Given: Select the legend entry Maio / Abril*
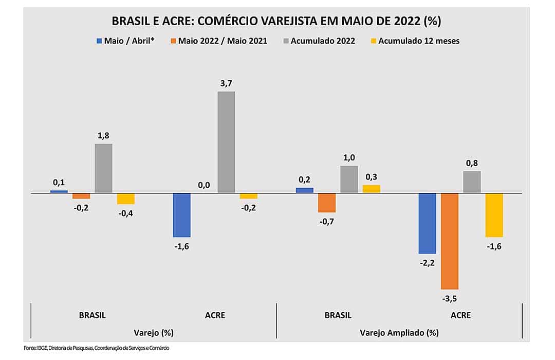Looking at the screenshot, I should pyautogui.click(x=125, y=41).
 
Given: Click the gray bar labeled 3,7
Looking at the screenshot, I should pyautogui.click(x=226, y=142).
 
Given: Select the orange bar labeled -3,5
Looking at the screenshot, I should pyautogui.click(x=450, y=241).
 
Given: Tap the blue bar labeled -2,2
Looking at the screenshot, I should pyautogui.click(x=427, y=223).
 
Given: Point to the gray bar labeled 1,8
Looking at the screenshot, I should pyautogui.click(x=103, y=168).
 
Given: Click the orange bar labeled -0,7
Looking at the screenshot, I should pyautogui.click(x=326, y=203).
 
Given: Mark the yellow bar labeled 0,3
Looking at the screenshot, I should pyautogui.click(x=372, y=189).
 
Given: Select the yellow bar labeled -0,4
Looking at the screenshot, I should pyautogui.click(x=126, y=199).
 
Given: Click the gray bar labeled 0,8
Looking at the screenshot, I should pyautogui.click(x=472, y=182).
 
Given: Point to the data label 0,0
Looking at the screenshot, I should pyautogui.click(x=203, y=185).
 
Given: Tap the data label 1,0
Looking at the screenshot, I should pyautogui.click(x=349, y=158).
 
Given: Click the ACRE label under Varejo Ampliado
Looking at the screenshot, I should pyautogui.click(x=460, y=315).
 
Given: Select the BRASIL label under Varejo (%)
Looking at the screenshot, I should pyautogui.click(x=92, y=315).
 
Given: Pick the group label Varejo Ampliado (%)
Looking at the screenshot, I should pyautogui.click(x=399, y=332).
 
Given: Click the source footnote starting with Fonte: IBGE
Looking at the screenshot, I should pyautogui.click(x=96, y=348).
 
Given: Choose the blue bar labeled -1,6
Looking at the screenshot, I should pyautogui.click(x=181, y=215).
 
